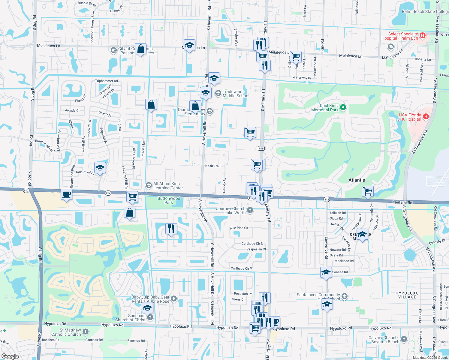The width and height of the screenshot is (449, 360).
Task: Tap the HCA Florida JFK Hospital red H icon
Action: point(426,116)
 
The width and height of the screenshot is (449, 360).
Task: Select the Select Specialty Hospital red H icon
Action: point(423,36)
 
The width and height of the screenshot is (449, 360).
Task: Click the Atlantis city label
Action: point(357,180)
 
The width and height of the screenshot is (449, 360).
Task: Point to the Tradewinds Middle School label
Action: point(236,94)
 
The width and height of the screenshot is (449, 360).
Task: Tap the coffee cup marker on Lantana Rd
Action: point(66,194)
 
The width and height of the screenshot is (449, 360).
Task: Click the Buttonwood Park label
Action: point(169,200)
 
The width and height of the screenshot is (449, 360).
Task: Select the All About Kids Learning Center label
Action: point(168,186)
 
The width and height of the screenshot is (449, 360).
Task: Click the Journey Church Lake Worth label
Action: point(231,211)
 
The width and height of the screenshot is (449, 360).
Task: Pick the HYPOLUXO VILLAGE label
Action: point(407,295)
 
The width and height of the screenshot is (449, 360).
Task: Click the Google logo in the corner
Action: point(10,356)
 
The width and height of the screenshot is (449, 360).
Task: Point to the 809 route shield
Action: point(261,148)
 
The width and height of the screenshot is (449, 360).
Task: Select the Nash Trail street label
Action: point(213,166)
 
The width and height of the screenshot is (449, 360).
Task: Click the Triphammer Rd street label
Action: point(106,81)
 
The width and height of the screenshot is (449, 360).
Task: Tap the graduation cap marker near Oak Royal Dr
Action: point(100,168)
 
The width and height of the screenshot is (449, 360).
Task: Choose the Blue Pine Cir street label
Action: point(239,228)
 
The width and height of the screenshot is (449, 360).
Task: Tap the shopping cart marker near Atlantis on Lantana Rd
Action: point(368,191)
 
